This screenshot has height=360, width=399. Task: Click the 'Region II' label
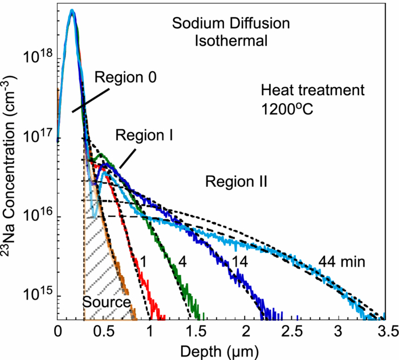tap(236, 182)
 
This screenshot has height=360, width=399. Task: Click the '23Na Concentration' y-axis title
tap(10, 181)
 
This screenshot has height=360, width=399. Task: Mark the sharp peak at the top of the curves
tap(72, 11)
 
